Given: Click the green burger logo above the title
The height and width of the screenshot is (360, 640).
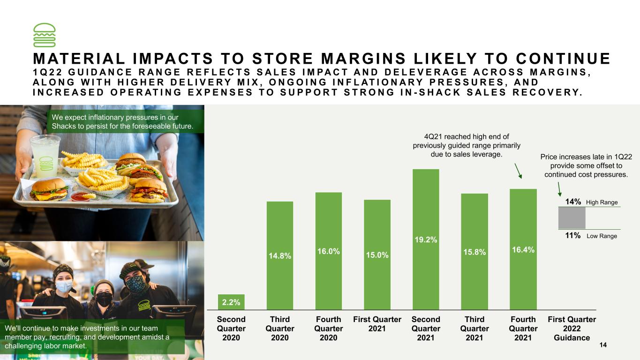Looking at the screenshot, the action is coord(44,35).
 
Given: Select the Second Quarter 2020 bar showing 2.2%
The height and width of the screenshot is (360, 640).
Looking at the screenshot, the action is coord(231,302).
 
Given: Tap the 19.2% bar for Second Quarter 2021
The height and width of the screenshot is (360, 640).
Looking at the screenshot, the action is coord(426,240).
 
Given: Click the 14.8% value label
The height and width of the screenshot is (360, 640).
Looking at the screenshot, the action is coord(280,256).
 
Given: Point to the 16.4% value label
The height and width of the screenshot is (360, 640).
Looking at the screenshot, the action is coord(523,250).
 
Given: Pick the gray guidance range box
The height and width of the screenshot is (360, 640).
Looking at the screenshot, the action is coord(572,218).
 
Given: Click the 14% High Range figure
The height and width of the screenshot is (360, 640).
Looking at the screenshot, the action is coord(573,202).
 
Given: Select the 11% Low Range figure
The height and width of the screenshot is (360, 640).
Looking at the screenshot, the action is coord(572,235).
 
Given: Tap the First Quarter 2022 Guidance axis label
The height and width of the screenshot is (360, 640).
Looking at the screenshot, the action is coord(572,328).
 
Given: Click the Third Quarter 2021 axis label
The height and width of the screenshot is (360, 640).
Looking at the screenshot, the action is coord(474,328).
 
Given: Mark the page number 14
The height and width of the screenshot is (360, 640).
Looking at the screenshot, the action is coord(603,345).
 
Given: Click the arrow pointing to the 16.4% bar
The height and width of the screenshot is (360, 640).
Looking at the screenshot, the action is coord(518,171).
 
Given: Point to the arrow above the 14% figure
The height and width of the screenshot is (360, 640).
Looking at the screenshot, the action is coord(559,189).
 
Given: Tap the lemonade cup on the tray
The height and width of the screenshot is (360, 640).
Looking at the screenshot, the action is coord(46,156).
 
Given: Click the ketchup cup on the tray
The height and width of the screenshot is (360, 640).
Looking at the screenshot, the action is coord(80,196).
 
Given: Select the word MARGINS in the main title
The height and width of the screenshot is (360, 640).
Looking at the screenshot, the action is coord(363,59).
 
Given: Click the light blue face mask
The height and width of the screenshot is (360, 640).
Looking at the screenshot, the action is coord(64,286).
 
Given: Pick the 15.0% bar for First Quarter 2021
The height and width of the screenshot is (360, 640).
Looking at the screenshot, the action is coord(377,255).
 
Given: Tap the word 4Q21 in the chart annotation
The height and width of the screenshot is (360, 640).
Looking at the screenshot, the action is coord(433,136).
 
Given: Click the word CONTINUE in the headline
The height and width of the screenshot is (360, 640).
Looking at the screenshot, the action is coord(563,59).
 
